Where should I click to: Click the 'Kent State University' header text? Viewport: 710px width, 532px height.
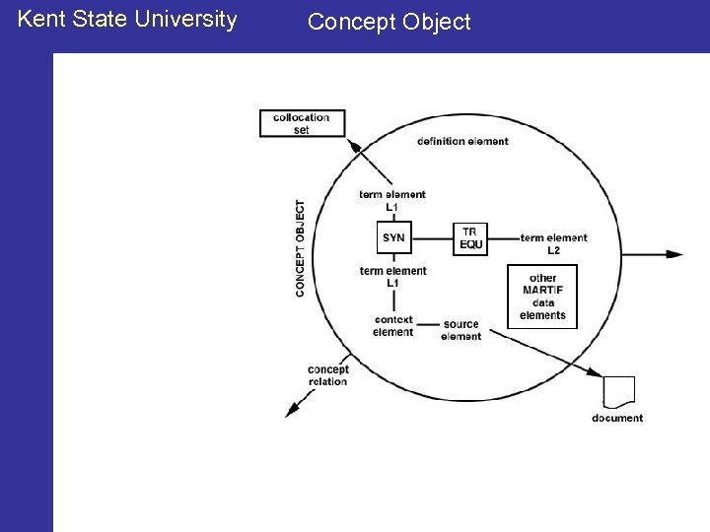coord(127,19)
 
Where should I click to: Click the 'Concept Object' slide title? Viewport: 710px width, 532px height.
coord(389,22)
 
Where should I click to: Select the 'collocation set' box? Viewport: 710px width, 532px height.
coord(302,123)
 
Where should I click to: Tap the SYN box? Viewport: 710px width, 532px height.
coord(393,238)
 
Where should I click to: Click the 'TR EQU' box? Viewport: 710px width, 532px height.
coord(470,238)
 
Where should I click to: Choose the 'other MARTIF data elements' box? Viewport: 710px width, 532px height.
coord(542,297)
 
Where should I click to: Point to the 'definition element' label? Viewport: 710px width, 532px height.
coord(462,142)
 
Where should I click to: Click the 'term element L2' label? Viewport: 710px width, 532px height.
coord(553,243)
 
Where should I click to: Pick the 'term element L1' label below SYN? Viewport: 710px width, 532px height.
coord(392,277)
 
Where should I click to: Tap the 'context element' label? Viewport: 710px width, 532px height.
coord(393,326)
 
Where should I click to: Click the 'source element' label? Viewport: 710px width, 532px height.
coord(461,330)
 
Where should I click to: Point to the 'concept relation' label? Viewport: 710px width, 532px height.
coord(327,375)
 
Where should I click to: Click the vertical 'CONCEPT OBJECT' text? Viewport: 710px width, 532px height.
coord(300,248)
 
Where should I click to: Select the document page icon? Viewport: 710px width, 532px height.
coord(619,391)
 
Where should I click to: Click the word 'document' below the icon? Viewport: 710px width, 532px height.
coord(617,418)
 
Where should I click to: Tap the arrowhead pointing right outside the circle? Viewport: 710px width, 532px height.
coord(674,254)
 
